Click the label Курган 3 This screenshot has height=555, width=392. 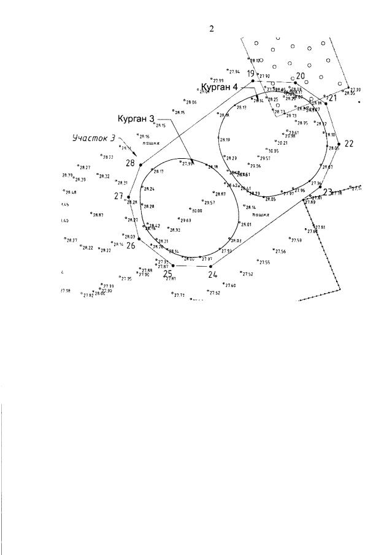[136, 118]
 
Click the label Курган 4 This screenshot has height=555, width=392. [220, 86]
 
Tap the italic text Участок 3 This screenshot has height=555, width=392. [93, 139]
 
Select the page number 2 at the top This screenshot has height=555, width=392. [212, 29]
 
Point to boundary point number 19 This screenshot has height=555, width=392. [251, 74]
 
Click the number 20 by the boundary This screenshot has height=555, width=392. [301, 77]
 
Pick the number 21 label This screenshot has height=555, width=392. [333, 98]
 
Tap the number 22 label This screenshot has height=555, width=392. [349, 144]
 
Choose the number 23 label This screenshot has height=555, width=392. [328, 192]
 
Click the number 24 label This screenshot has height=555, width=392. [212, 275]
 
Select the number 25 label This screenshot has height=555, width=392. [167, 274]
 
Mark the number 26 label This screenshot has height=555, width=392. [131, 245]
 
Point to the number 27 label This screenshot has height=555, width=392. [119, 196]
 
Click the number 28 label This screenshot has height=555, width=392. [130, 163]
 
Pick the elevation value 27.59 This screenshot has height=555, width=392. [296, 240]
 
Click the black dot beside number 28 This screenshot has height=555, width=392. [140, 165]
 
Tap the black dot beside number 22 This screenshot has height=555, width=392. [339, 145]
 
